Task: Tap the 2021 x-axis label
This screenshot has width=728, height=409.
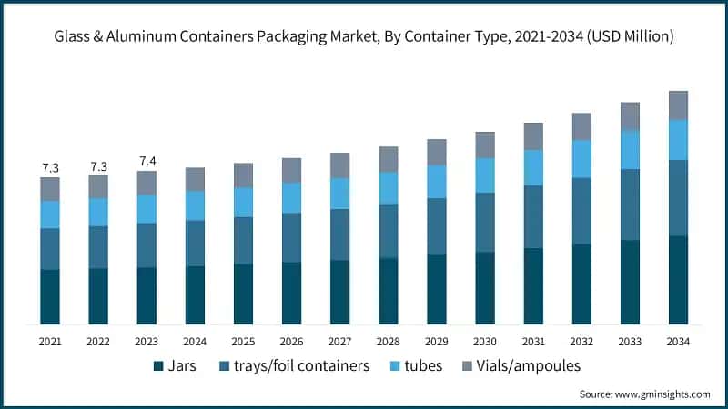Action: coord(50,341)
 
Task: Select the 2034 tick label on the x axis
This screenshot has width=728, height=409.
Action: coord(678,341)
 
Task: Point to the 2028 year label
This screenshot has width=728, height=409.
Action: coord(389,341)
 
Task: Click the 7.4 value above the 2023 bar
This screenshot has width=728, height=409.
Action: coord(147,162)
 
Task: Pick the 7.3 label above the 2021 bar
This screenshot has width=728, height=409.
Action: coord(50,168)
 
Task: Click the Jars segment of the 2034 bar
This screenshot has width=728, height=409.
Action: coord(678,279)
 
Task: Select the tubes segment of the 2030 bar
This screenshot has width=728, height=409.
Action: coord(485,175)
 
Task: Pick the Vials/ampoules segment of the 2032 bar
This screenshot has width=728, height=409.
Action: coord(581,126)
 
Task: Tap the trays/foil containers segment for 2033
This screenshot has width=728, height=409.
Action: coord(630,204)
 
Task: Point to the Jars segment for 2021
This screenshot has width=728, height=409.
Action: coord(50,296)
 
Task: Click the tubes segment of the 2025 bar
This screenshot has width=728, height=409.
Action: coord(243,202)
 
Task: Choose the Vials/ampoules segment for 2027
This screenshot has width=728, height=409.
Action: coord(339,165)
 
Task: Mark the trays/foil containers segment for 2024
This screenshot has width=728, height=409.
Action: coord(195,243)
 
